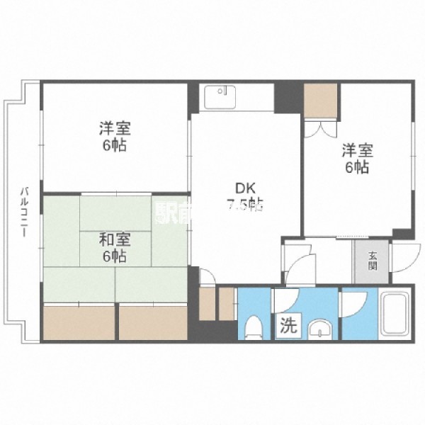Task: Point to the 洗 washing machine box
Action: (288, 327)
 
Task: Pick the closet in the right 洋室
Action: (320, 100)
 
